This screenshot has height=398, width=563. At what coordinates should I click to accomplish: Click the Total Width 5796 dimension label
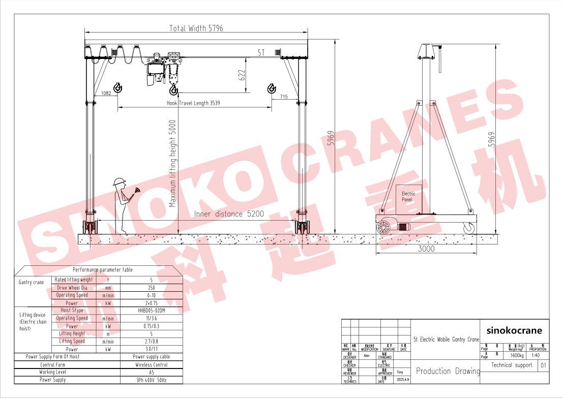coord(196,28)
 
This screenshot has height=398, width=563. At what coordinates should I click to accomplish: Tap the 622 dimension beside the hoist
coord(243,75)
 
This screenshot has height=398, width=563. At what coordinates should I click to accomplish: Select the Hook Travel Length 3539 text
coord(194,103)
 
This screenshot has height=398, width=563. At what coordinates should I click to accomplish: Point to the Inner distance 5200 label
coord(229,214)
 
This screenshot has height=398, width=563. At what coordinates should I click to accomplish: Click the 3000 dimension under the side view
coord(426,249)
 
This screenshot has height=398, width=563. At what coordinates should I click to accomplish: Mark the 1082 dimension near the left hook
coord(106,93)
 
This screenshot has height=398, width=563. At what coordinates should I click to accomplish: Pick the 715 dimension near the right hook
coord(283,97)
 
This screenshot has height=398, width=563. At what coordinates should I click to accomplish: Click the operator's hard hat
coord(120,182)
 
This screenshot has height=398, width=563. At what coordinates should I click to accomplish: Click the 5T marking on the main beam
coord(261,52)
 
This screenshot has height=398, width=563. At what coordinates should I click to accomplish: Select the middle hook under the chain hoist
coord(173,90)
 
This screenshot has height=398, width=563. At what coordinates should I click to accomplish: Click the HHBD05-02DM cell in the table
coord(152,311)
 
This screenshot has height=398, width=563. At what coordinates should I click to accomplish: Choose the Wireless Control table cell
coord(152,364)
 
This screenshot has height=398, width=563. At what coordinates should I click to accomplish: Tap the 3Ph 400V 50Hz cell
coord(152,380)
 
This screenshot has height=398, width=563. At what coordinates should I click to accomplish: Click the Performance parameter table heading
coord(102,270)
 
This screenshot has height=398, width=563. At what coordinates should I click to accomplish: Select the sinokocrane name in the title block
coord(514,330)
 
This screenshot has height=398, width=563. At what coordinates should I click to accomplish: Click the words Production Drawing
coord(448,371)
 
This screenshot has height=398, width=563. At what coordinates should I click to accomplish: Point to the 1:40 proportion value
coord(538,356)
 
